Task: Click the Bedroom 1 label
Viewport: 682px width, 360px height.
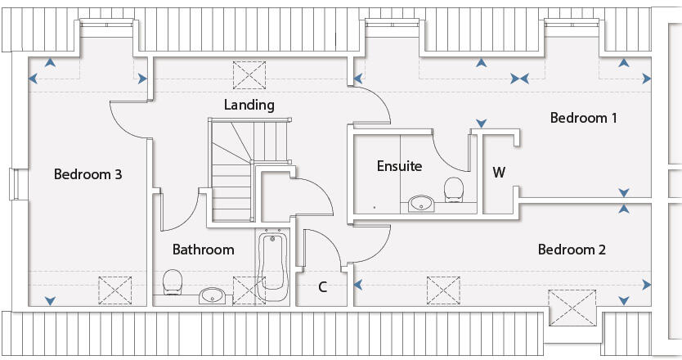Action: click(x=583, y=118)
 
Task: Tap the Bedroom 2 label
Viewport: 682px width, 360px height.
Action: click(x=572, y=250)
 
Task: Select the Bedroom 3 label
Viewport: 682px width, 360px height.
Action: click(x=88, y=174)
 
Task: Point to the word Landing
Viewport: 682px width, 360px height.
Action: click(x=249, y=105)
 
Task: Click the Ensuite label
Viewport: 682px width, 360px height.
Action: click(x=399, y=166)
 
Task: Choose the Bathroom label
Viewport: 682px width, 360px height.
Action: click(x=203, y=250)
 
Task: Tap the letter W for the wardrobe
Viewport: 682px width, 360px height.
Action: click(x=499, y=173)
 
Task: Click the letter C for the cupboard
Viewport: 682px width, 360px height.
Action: click(x=323, y=287)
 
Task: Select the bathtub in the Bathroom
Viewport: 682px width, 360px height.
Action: click(x=272, y=267)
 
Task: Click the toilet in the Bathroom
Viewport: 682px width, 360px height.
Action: click(x=173, y=284)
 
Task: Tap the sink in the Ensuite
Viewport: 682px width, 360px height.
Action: click(x=422, y=203)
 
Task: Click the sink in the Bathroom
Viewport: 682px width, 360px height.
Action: click(x=212, y=294)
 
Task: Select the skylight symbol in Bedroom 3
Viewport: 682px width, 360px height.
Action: click(x=115, y=290)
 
